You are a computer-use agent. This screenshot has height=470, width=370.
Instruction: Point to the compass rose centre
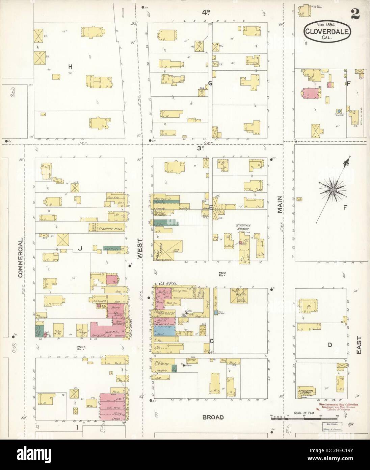tap(333, 190)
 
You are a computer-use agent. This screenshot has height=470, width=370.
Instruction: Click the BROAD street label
tap(213, 417)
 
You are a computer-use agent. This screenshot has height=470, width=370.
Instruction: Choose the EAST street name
tap(358, 345)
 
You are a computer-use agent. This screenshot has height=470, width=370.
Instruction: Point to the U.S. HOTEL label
tap(166, 283)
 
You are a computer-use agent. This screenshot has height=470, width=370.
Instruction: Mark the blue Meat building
tap(165, 331)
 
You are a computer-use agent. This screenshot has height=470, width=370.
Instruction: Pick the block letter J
tap(80, 249)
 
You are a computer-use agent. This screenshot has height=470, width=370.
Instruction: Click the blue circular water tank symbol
tap(338, 111)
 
